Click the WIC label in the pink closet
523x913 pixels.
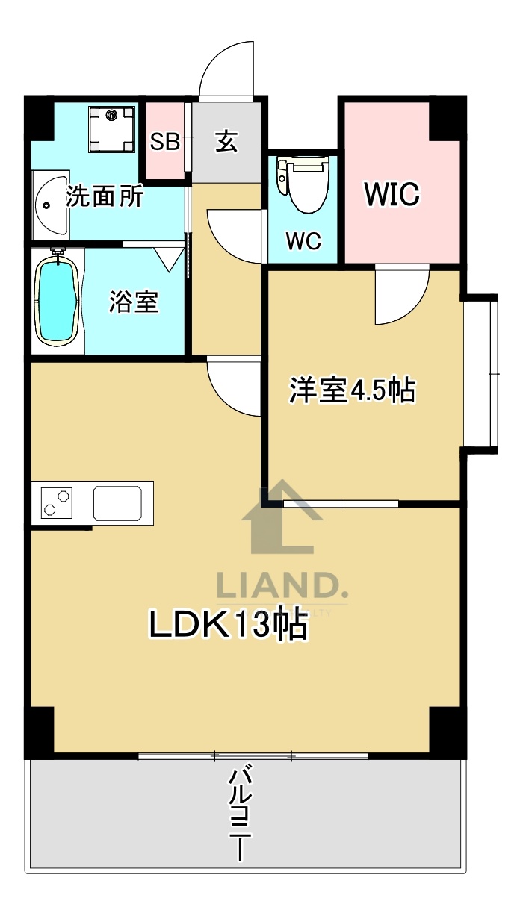[392, 194]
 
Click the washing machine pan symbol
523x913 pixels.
[112, 129]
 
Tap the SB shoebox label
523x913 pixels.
[165, 142]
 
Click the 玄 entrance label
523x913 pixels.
[226, 141]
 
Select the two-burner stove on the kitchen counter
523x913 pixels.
[58, 502]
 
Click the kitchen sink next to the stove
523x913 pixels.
[118, 502]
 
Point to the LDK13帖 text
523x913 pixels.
[229, 626]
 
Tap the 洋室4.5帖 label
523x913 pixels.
[353, 390]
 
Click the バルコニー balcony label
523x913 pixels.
[239, 814]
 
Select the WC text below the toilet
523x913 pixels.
[303, 241]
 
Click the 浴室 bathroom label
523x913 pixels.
[134, 302]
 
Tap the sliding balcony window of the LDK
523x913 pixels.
[253, 756]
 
